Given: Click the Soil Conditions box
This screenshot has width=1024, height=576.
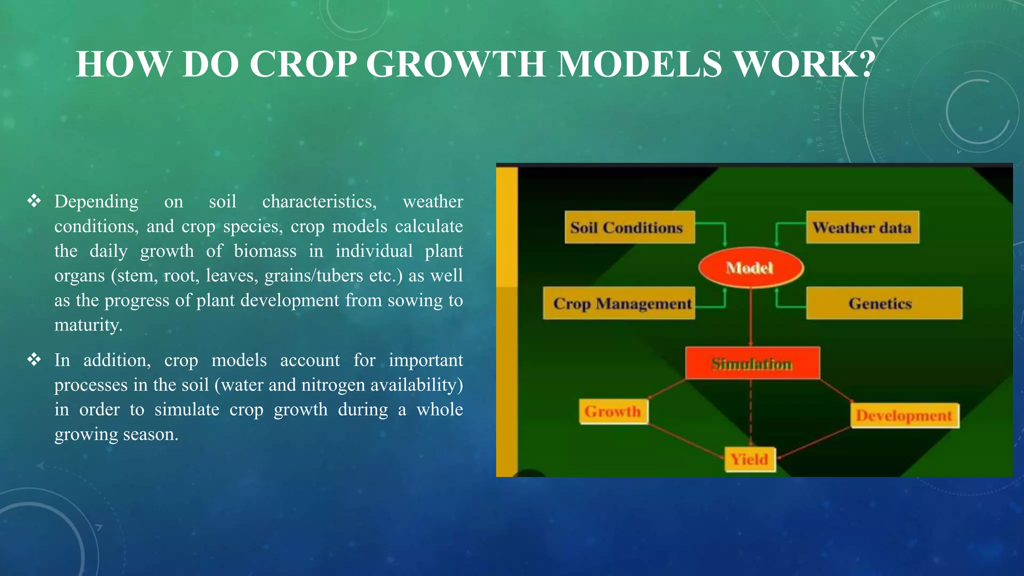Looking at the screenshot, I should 629,227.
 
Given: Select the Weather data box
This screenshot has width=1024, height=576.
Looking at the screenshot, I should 862,227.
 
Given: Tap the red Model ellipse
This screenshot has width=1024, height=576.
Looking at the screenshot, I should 750,268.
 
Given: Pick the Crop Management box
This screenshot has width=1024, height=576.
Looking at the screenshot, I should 619,303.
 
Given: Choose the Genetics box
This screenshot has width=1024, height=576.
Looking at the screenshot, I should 883,303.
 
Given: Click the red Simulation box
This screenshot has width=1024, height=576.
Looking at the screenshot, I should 752,363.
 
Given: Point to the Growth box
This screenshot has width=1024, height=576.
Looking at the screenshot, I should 613,411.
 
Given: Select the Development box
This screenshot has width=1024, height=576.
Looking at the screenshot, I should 904,415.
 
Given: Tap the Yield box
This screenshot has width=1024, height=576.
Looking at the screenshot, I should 749,459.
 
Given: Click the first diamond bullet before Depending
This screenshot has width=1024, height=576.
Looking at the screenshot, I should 34,201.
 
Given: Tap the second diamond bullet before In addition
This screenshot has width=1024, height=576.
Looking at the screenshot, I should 34,360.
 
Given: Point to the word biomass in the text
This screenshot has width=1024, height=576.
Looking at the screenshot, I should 265,251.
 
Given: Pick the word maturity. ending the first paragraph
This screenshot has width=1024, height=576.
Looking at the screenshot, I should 88,325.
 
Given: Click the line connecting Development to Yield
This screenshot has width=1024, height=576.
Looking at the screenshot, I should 815,442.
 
